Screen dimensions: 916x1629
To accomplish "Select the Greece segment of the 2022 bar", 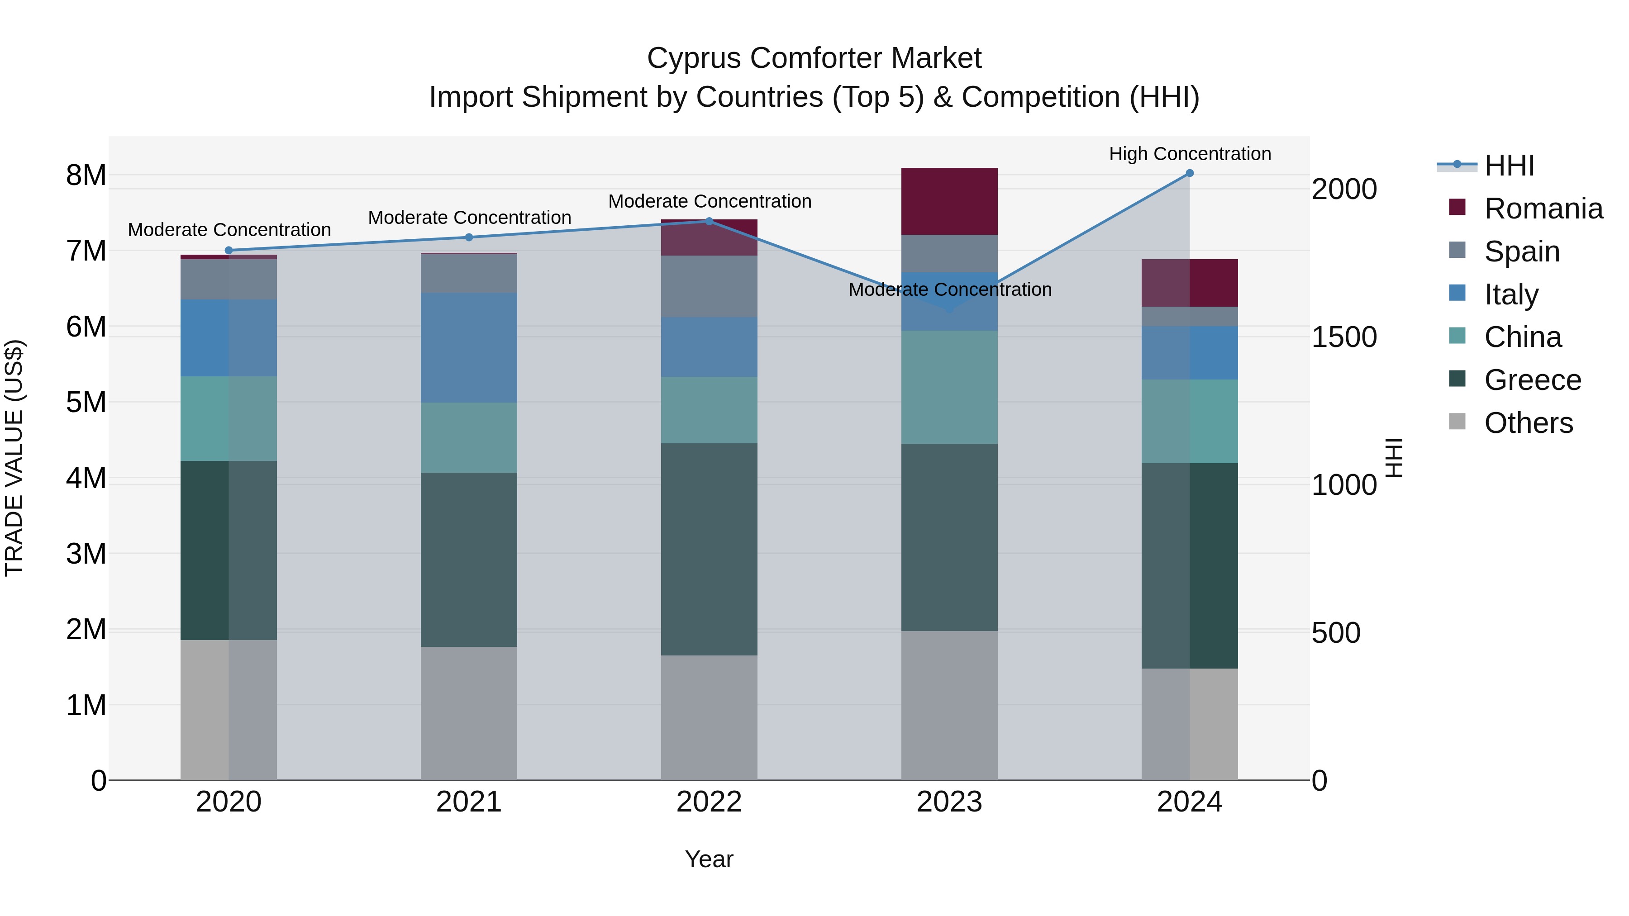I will [x=709, y=549].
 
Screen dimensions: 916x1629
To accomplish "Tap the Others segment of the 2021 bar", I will [x=469, y=713].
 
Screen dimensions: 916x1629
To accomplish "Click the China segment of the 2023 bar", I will [x=949, y=387].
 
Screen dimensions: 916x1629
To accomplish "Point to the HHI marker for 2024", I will [x=1190, y=173].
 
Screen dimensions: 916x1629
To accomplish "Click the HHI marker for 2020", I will [x=229, y=250].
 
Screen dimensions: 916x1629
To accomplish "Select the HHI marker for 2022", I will [x=709, y=221].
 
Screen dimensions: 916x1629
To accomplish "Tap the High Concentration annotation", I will [x=1190, y=154].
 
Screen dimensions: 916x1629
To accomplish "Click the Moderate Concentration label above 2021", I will [x=469, y=218].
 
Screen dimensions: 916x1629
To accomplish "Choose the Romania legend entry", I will [x=1543, y=209].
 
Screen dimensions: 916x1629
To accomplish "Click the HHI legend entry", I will [x=1509, y=166].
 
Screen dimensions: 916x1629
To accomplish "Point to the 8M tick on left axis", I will [x=86, y=175].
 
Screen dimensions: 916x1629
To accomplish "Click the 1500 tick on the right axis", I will [x=1344, y=337].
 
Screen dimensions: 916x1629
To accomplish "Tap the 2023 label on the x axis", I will [x=949, y=802].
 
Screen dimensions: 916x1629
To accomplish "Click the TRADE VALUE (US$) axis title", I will [x=14, y=458].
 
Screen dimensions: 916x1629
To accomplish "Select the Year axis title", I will [x=709, y=859].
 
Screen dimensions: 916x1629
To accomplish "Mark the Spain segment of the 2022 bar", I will [x=709, y=286].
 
